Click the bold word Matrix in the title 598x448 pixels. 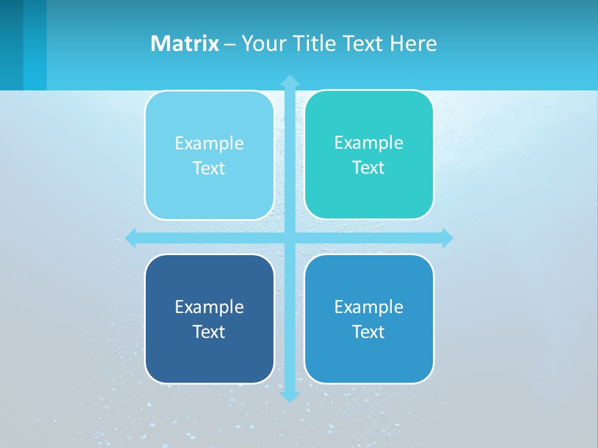pyautogui.click(x=185, y=44)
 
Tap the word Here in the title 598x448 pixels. pyautogui.click(x=413, y=44)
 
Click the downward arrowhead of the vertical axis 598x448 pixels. pyautogui.click(x=290, y=396)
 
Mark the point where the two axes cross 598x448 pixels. pyautogui.click(x=290, y=238)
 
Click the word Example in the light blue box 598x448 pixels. pyautogui.click(x=209, y=144)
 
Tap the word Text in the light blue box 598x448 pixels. pyautogui.click(x=209, y=169)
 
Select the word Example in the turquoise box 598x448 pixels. pyautogui.click(x=369, y=143)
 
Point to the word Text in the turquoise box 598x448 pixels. pyautogui.click(x=369, y=168)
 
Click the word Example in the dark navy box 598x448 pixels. pyautogui.click(x=209, y=307)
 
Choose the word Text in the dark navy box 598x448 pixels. pyautogui.click(x=209, y=332)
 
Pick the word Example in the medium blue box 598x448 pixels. pyautogui.click(x=369, y=307)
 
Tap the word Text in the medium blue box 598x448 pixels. pyautogui.click(x=369, y=332)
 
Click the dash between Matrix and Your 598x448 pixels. pyautogui.click(x=230, y=44)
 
